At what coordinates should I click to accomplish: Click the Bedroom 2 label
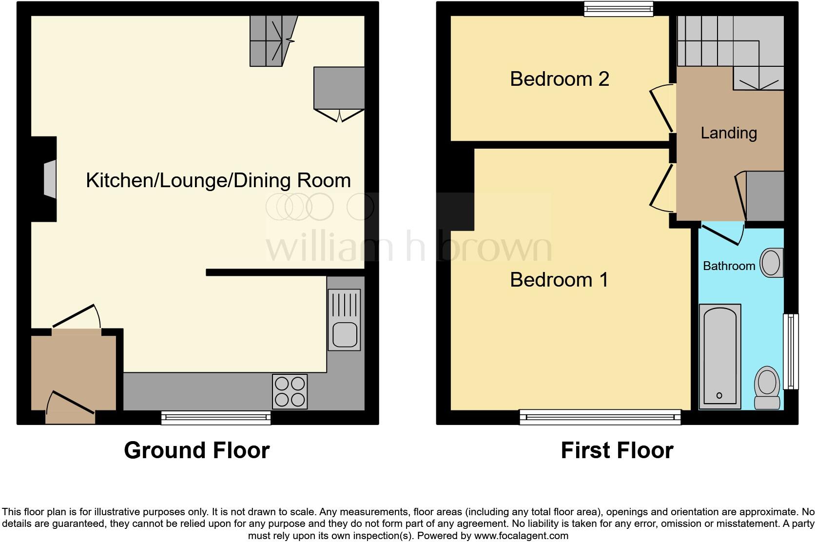point(560,79)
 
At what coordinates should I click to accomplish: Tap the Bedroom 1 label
point(560,280)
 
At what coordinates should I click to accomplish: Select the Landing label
point(729,133)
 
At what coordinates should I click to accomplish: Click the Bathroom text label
point(729,266)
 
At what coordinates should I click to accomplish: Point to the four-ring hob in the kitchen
point(290,391)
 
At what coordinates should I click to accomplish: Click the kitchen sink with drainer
point(344,320)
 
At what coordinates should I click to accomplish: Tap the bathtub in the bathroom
point(720,356)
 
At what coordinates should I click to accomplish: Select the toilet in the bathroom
point(767,388)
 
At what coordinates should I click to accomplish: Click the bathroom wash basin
point(772,263)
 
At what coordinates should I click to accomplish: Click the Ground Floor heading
point(196,450)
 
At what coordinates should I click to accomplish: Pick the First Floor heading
point(617,450)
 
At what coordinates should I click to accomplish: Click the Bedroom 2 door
point(661,110)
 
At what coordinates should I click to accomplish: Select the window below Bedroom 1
point(600,417)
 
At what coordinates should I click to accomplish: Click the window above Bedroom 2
point(619,8)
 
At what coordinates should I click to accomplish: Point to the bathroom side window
point(791,351)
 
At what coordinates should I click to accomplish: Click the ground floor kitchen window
point(216,417)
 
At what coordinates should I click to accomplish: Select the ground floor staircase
point(272,41)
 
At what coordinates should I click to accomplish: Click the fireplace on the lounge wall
point(49,179)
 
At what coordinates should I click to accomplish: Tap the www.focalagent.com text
point(521,536)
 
